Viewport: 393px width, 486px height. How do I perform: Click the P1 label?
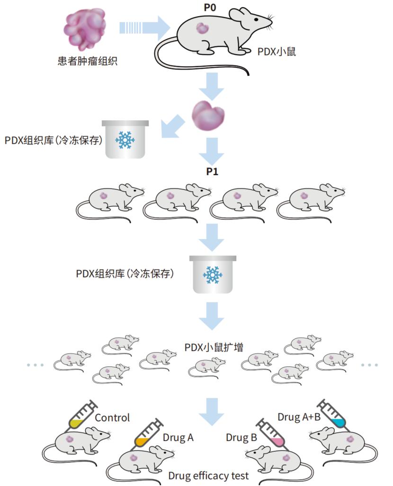212,171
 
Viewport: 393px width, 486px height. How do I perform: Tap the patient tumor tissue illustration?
85,30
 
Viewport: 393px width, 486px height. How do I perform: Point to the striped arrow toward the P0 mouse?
144,28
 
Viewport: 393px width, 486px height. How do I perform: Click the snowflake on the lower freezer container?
212,275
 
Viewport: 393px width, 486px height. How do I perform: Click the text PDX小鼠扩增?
214,347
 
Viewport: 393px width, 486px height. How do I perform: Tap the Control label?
112,418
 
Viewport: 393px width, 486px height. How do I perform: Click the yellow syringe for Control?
82,414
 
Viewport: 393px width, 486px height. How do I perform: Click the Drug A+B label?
299,417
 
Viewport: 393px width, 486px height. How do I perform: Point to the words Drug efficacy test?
209,476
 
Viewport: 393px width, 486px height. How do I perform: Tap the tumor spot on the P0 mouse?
202,29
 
